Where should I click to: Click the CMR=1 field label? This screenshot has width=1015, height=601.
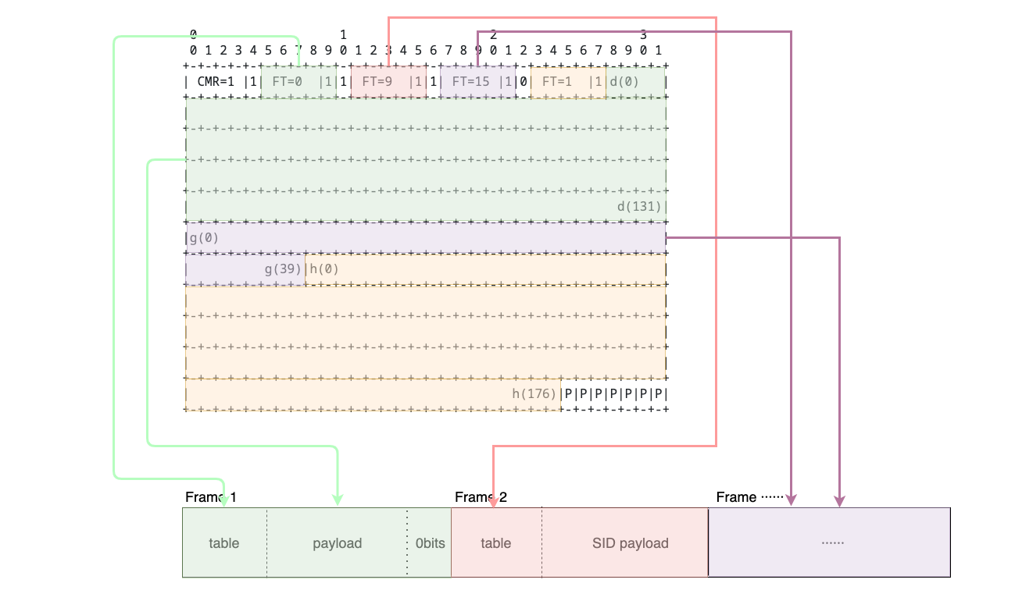coord(216,81)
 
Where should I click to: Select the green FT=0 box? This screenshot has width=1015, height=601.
coord(298,82)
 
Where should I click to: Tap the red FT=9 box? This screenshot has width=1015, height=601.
coord(388,82)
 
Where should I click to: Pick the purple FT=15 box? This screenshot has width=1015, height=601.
coord(477,82)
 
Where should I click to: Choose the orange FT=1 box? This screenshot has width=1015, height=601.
coord(568,82)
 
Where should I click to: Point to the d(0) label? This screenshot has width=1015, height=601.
coord(624,81)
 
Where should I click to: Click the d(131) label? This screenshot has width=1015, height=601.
coord(639,207)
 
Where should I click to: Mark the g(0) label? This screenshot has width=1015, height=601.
coord(204,237)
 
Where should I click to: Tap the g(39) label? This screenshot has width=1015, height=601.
coord(283,269)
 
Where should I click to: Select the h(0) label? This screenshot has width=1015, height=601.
coord(324,269)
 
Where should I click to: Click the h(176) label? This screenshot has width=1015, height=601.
coord(534,393)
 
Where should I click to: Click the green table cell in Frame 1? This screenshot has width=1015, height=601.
coord(224,543)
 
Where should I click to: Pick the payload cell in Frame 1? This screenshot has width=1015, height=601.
coord(337,543)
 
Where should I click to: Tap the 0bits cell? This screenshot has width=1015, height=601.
coord(430,543)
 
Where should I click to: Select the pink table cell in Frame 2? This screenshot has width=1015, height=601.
coord(496,543)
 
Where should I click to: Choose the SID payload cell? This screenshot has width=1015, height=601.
coord(630,543)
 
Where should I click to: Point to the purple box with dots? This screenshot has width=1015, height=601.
coord(830,542)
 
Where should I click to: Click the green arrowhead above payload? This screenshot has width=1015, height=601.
coord(338,500)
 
